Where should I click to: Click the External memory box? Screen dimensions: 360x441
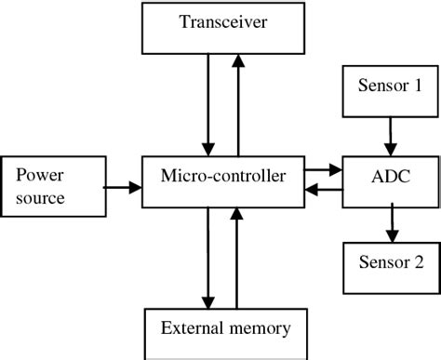point(226,328)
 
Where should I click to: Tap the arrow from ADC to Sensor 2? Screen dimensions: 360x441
point(390,224)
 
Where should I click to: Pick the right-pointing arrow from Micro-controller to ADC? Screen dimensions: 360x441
point(323,170)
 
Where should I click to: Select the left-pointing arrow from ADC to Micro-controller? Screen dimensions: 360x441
point(323,193)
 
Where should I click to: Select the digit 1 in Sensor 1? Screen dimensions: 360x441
point(418,86)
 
